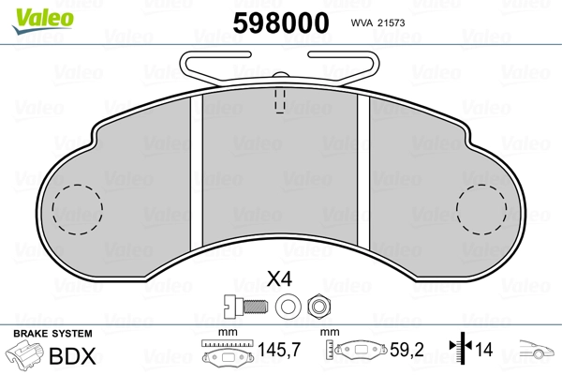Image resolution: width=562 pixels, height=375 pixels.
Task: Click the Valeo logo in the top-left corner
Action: pyautogui.click(x=34, y=14)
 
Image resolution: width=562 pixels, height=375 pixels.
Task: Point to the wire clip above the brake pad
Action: pyautogui.click(x=280, y=63)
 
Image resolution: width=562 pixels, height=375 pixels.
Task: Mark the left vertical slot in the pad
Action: pyautogui.click(x=197, y=169)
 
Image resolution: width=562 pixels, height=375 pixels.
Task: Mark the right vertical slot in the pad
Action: pyautogui.click(x=365, y=169)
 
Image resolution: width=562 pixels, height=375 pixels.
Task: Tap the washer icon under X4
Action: pyautogui.click(x=286, y=304)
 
